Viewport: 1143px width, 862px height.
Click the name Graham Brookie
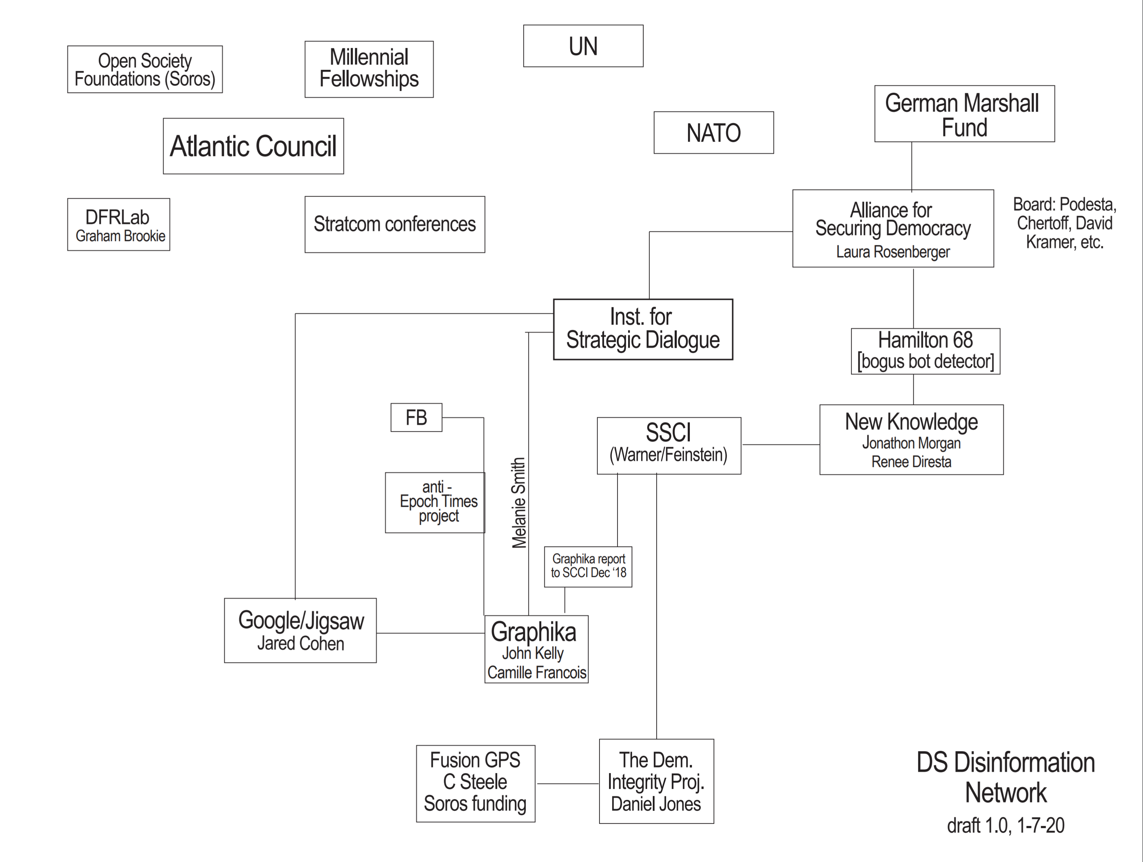point(120,236)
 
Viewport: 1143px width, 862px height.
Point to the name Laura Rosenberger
point(893,252)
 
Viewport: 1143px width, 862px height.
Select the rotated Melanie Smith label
point(519,503)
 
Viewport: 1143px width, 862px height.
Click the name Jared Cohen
point(301,644)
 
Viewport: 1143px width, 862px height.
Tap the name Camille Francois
point(537,672)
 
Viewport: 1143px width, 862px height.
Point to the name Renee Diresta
point(912,462)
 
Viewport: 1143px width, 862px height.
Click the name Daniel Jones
point(656,804)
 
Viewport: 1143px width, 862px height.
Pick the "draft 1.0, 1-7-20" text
point(1005,825)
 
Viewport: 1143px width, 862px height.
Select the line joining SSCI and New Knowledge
point(781,444)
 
